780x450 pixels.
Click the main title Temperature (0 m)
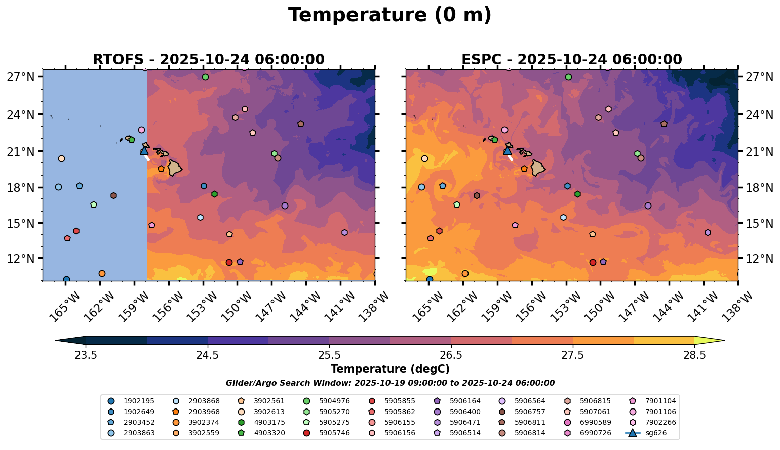coord(389,15)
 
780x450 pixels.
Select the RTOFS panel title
coord(208,60)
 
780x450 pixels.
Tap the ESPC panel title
coord(571,60)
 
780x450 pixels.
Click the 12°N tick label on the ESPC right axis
coord(759,259)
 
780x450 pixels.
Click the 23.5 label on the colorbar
coord(86,355)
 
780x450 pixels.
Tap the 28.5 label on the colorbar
coord(694,355)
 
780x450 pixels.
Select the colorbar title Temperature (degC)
coord(389,369)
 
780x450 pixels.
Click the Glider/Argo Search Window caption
coord(389,383)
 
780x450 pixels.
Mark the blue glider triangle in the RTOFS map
coord(144,150)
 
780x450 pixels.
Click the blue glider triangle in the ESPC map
coord(508,150)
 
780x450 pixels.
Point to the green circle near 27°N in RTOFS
coord(205,77)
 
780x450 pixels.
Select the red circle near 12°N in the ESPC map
coord(593,262)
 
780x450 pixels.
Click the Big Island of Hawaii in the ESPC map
coord(538,168)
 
